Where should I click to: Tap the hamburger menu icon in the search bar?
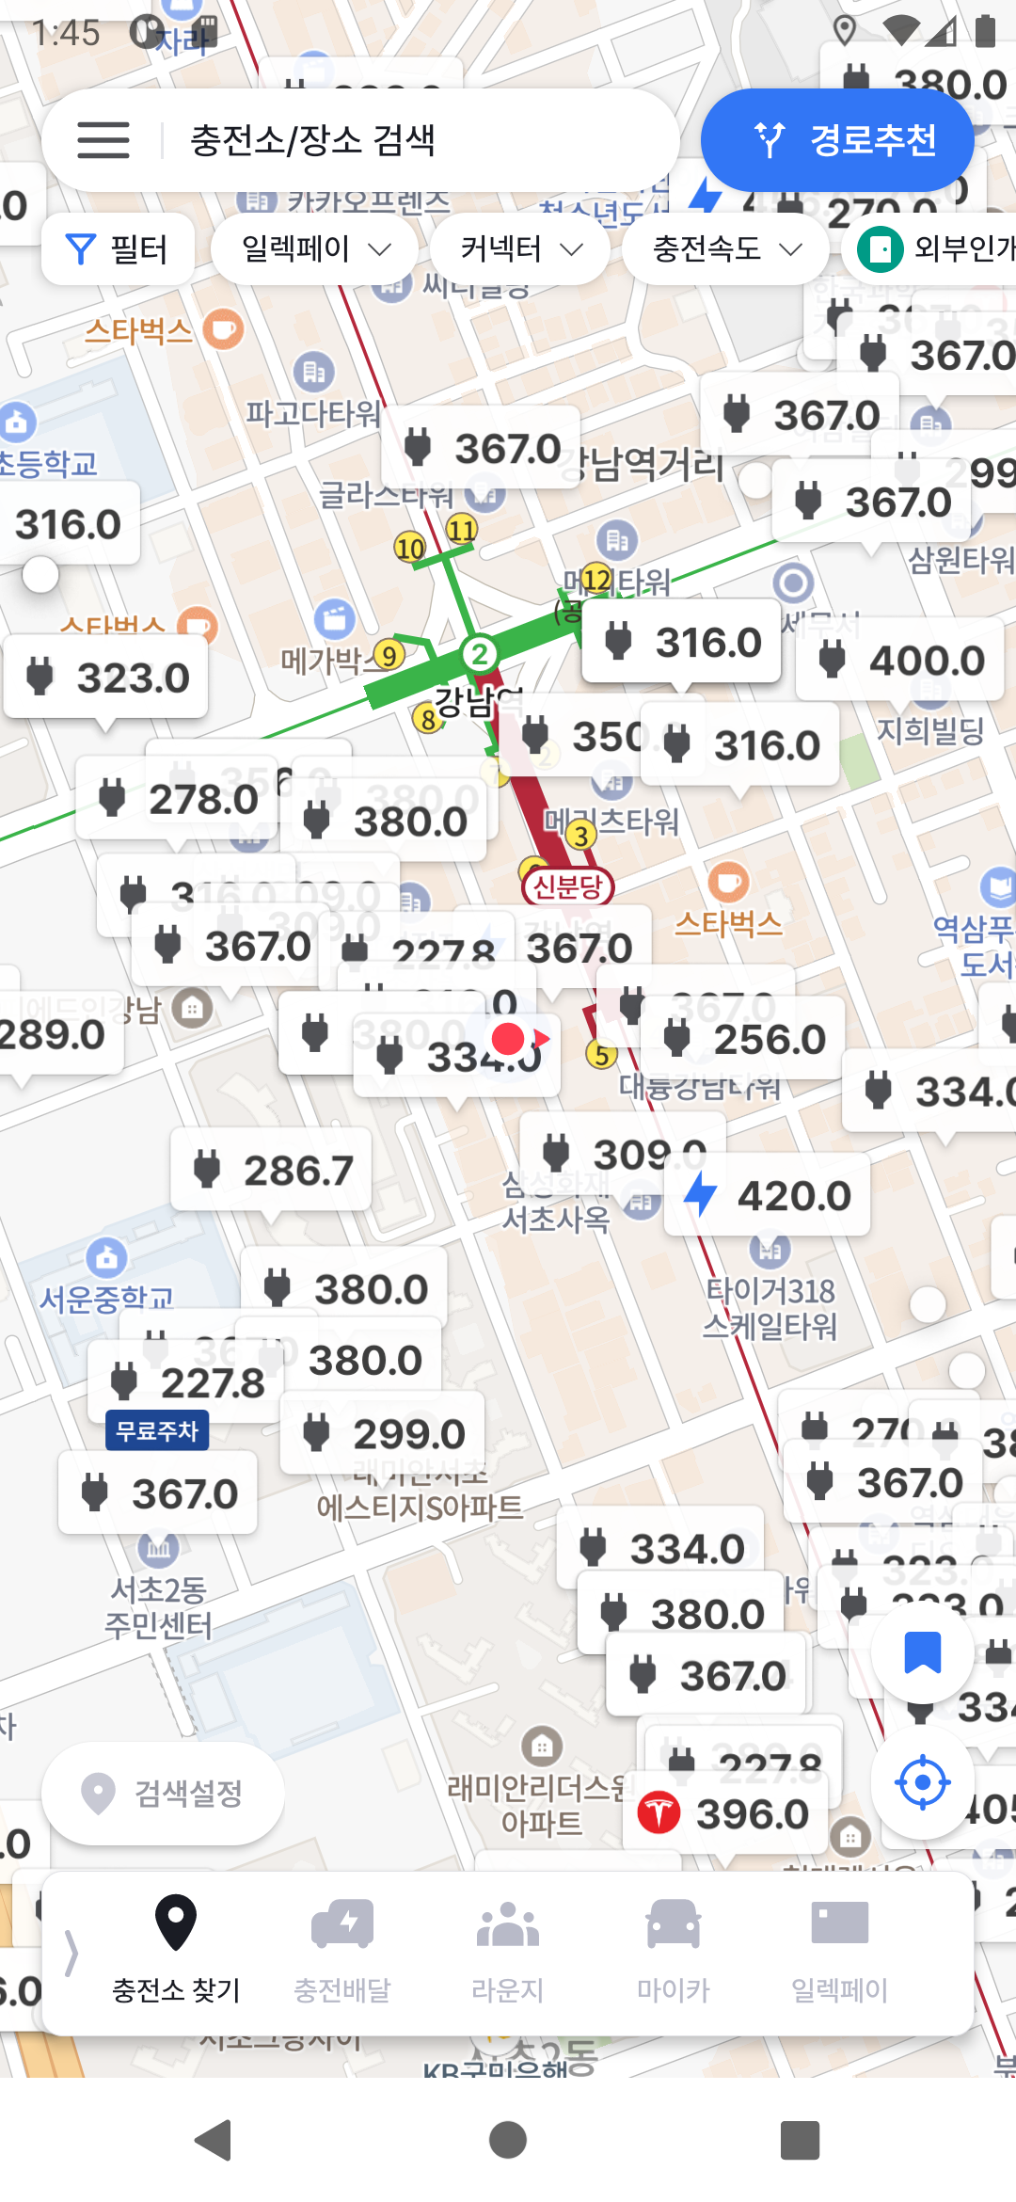click(x=103, y=140)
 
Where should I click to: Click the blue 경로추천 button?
click(x=837, y=140)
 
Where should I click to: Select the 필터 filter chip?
click(x=119, y=249)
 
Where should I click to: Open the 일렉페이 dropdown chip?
click(x=314, y=249)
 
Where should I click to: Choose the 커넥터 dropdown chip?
click(x=520, y=249)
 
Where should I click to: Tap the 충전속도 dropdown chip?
click(x=725, y=249)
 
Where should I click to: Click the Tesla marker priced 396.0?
click(x=724, y=1813)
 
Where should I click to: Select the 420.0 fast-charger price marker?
click(x=768, y=1196)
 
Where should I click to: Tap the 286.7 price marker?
click(x=272, y=1171)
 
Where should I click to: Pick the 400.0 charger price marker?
click(x=900, y=660)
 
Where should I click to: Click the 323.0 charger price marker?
click(x=106, y=678)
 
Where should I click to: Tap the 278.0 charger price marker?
click(x=178, y=799)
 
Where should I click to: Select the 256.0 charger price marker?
click(x=743, y=1039)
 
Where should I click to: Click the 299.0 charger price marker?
click(x=383, y=1434)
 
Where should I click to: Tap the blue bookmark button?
click(x=922, y=1651)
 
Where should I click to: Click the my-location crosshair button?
click(x=922, y=1781)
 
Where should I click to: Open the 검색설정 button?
click(x=164, y=1793)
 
